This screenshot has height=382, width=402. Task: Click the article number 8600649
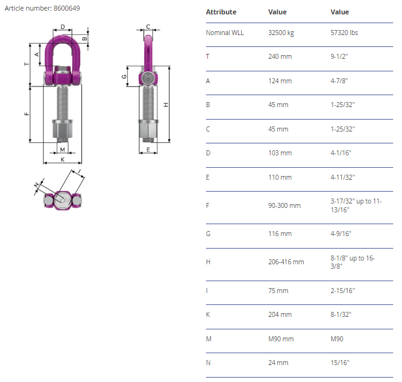point(66,8)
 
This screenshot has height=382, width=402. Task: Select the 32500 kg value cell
point(281,33)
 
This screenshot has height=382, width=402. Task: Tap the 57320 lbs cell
point(344,33)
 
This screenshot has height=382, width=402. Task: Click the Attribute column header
point(221,12)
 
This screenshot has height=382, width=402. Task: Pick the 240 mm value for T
point(280,56)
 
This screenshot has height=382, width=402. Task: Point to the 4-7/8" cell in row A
point(339,81)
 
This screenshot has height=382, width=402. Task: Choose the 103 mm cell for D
point(280,153)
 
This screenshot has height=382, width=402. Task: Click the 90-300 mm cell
point(284,205)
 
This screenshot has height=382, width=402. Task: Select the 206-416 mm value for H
point(286,262)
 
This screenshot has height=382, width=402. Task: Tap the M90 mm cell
point(281,339)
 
